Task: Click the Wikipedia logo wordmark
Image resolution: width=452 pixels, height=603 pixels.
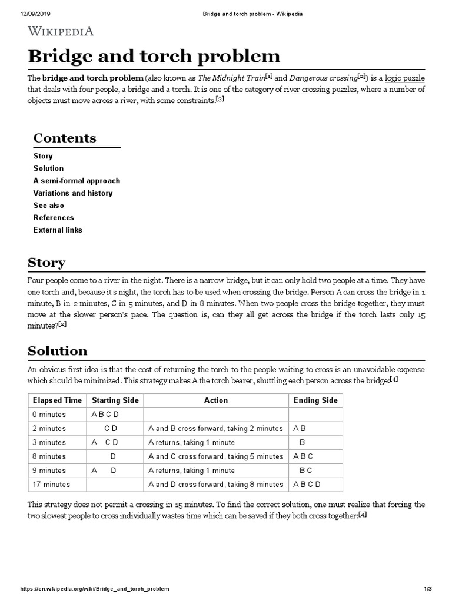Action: click(x=61, y=31)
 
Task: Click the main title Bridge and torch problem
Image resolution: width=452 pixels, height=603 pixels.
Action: click(x=154, y=57)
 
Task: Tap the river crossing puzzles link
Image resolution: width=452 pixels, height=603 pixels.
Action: click(x=320, y=90)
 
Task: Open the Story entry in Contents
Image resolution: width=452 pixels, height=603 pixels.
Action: click(x=43, y=156)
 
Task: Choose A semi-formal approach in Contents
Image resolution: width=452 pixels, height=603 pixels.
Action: click(x=77, y=181)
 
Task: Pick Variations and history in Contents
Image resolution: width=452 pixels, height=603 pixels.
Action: click(x=73, y=193)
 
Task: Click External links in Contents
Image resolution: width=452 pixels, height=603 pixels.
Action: click(x=58, y=230)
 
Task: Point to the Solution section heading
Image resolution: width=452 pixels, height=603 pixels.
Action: click(x=58, y=351)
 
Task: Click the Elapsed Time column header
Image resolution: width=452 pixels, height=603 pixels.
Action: click(x=57, y=400)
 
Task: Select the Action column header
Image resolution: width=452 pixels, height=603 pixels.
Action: click(x=215, y=400)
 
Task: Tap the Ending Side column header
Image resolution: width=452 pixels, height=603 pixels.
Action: click(x=315, y=400)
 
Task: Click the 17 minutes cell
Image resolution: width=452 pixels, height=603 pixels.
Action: click(x=52, y=485)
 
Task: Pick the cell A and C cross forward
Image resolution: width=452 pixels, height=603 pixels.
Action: click(x=215, y=456)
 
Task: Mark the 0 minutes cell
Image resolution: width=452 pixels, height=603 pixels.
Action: click(x=49, y=415)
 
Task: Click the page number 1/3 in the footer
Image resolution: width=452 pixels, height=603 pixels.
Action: click(x=428, y=589)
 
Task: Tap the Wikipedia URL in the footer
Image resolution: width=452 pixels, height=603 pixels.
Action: click(x=95, y=589)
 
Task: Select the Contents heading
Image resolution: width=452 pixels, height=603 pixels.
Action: click(x=65, y=138)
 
